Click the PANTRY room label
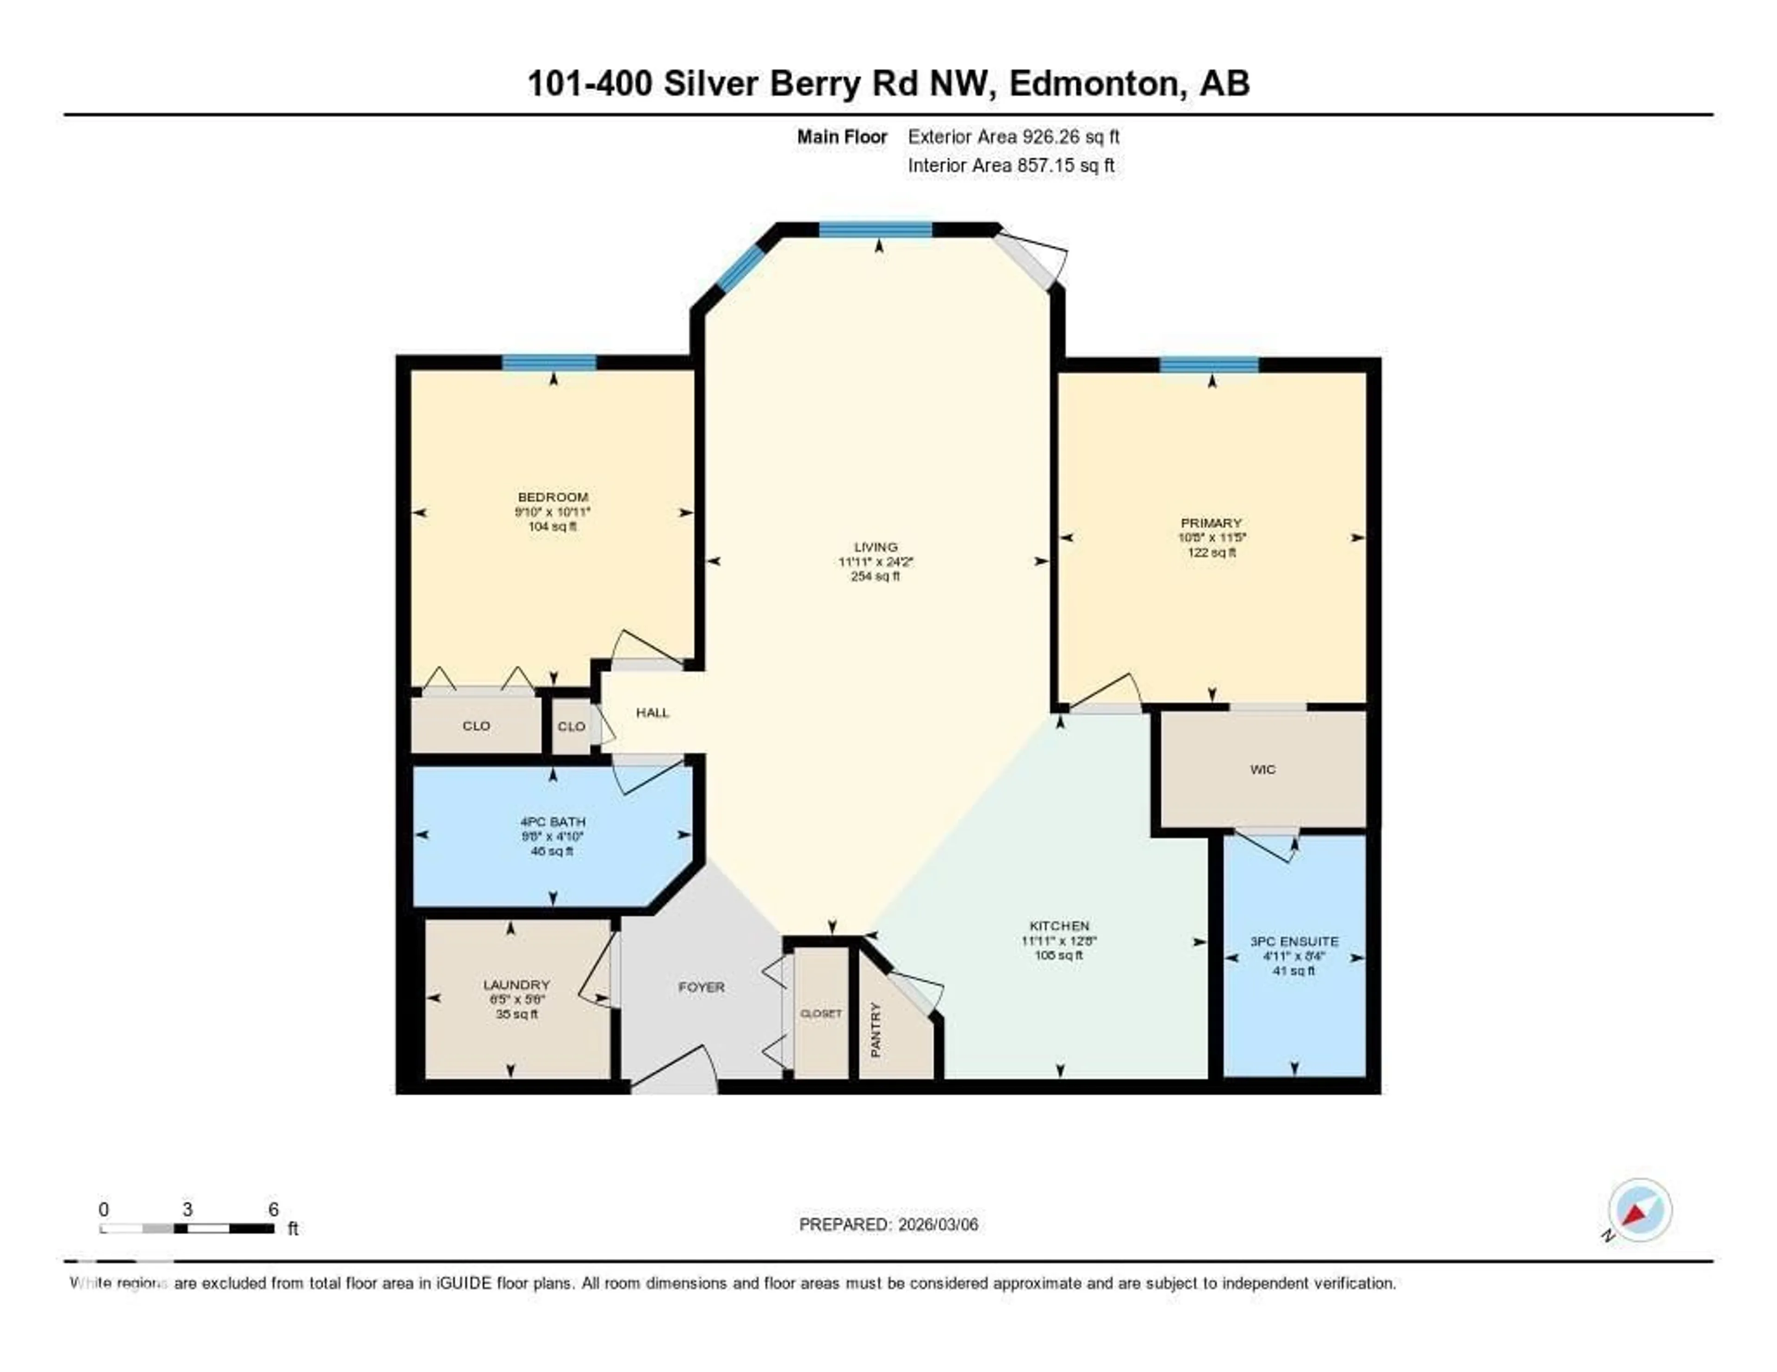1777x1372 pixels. tap(876, 1030)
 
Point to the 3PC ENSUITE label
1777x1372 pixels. tap(1294, 942)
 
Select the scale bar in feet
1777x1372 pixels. tap(187, 1228)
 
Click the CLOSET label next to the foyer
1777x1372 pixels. tap(821, 1014)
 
